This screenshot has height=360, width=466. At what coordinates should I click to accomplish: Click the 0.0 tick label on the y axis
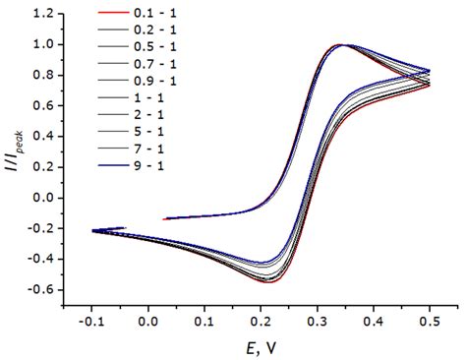(41, 198)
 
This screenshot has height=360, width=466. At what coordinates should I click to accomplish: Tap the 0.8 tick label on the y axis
(41, 76)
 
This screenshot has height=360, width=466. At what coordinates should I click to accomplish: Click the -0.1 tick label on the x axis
(92, 321)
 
